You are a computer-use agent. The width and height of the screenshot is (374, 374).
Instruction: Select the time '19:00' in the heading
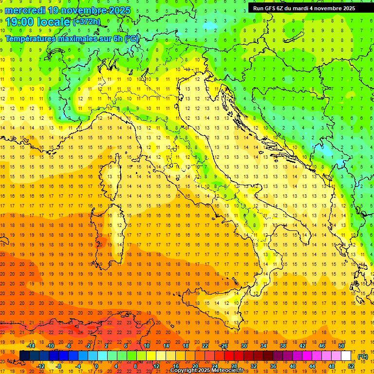(20, 22)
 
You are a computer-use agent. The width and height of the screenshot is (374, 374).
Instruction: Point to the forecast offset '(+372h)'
(86, 21)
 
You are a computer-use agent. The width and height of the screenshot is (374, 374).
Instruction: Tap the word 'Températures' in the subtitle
(31, 38)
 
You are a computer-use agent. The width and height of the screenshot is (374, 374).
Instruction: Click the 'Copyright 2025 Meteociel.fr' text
(206, 371)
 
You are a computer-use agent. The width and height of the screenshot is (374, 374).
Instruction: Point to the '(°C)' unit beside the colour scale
(363, 356)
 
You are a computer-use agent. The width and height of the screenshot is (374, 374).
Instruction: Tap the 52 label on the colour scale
(351, 366)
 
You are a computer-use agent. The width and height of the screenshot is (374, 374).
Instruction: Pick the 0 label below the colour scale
(96, 366)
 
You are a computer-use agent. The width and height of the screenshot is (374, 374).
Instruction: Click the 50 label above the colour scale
(341, 346)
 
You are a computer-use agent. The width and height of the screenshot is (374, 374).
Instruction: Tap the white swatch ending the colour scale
(346, 356)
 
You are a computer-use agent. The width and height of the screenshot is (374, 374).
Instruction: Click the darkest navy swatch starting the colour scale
(25, 356)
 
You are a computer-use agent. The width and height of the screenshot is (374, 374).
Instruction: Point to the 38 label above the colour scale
(283, 346)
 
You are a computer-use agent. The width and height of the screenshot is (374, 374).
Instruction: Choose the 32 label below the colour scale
(254, 366)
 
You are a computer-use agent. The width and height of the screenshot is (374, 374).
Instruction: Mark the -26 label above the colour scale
(224, 346)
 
